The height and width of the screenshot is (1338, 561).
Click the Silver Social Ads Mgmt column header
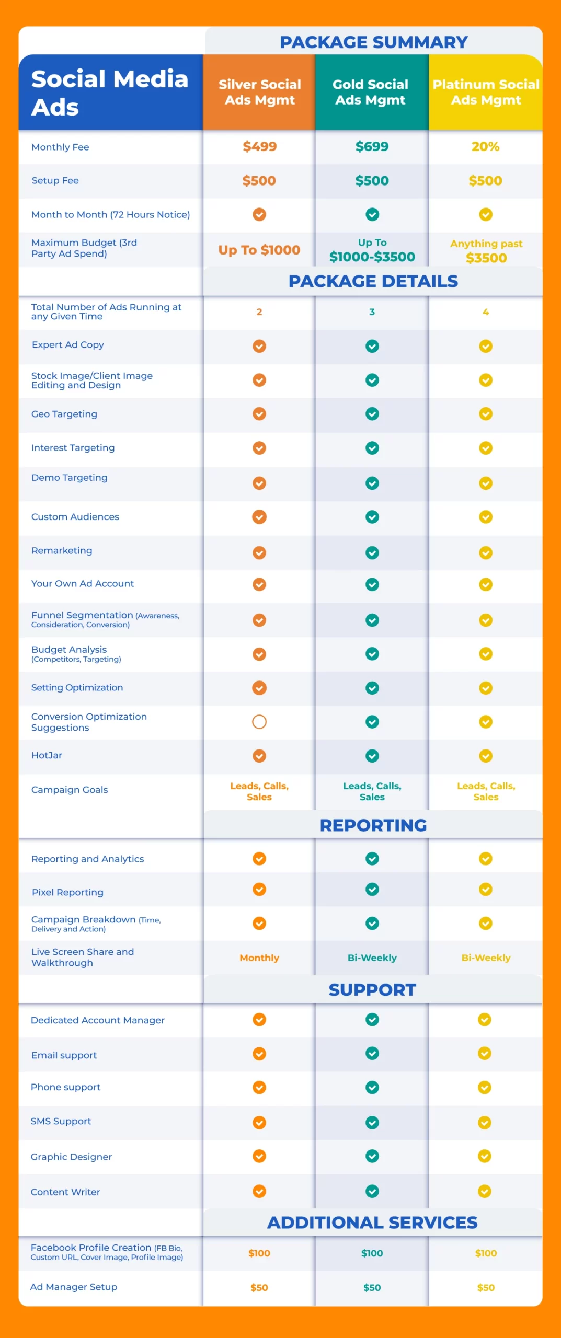click(259, 92)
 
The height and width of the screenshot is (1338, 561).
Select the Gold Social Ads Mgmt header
click(371, 92)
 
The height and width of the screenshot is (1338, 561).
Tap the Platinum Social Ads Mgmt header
click(486, 92)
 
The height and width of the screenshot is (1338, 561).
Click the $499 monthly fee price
click(259, 147)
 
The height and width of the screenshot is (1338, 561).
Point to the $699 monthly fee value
click(372, 147)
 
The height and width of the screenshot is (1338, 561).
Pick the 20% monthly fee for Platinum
click(485, 147)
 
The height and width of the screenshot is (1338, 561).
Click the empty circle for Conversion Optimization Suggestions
click(259, 722)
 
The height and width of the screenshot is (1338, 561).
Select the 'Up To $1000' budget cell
click(259, 250)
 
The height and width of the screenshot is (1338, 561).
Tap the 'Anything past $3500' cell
click(486, 251)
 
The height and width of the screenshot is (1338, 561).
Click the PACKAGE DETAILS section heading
click(373, 281)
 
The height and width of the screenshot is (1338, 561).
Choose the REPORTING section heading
click(373, 825)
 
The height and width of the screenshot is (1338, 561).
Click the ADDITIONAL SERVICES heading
click(372, 1222)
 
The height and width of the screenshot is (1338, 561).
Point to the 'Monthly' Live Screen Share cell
click(259, 958)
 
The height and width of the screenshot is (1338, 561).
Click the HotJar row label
click(47, 755)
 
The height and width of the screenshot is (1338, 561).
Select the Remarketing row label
click(62, 550)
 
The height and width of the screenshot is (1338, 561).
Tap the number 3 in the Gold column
click(372, 312)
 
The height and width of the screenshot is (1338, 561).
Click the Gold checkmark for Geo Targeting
click(372, 414)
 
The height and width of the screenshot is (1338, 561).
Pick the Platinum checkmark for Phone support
click(485, 1088)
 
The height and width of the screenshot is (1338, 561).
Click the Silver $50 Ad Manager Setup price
click(259, 1288)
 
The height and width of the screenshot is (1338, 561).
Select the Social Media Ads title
click(109, 93)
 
